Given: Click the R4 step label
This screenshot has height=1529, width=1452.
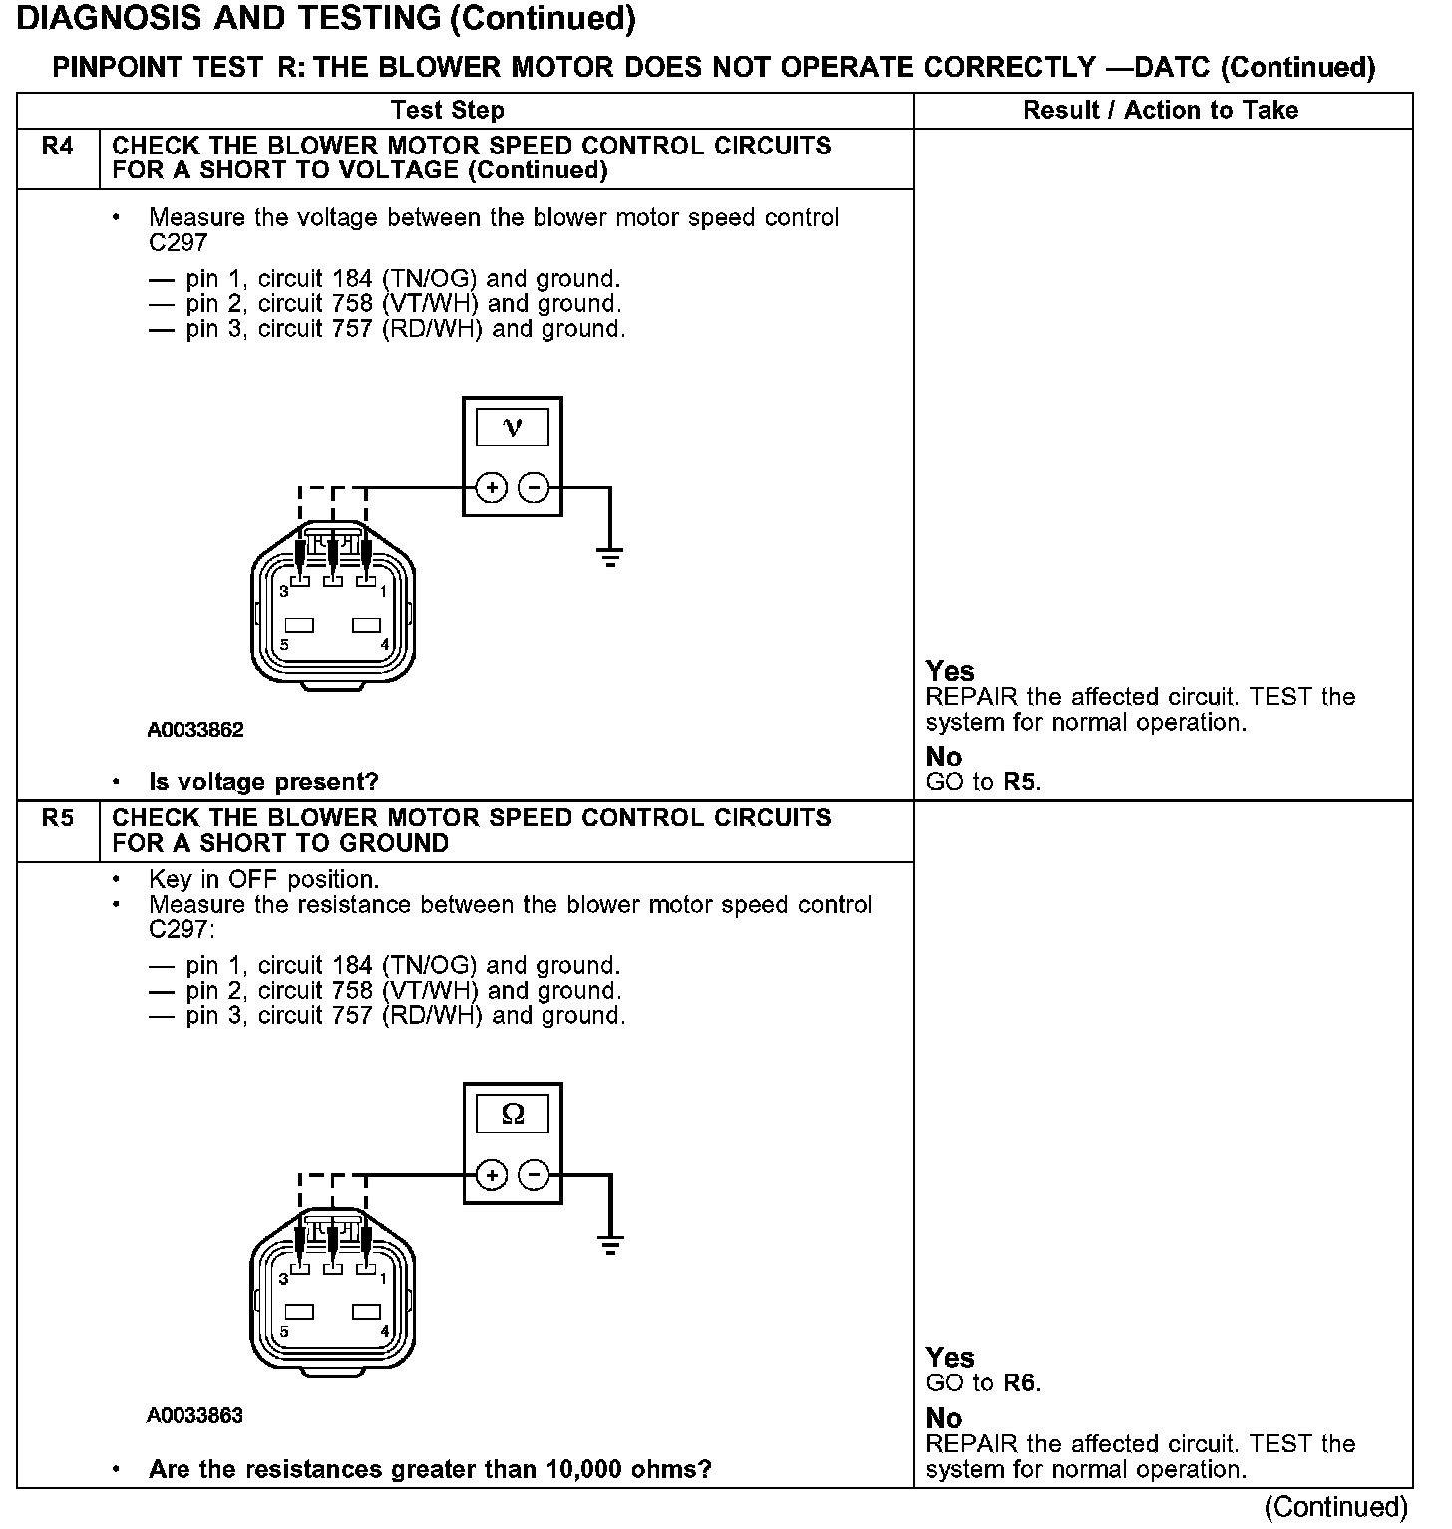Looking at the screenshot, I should coord(58,147).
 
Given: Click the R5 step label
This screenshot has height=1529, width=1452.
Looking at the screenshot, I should coord(58,819).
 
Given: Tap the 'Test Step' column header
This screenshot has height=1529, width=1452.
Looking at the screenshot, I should coord(448,110).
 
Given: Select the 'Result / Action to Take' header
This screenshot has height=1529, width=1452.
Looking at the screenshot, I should coord(1161,110).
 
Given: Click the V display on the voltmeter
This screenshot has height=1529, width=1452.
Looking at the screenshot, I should coord(513,428).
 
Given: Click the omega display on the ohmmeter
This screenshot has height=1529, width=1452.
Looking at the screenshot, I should coord(513,1114).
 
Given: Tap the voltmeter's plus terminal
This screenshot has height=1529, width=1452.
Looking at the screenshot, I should coord(492,487).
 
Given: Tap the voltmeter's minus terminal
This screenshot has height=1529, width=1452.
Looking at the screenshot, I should coord(535,487).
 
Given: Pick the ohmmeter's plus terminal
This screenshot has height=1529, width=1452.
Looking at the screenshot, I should coord(492,1175).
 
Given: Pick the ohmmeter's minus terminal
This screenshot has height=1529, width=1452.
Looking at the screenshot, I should coord(535,1175).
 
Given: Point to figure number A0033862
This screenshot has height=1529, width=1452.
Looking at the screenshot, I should coord(195,730).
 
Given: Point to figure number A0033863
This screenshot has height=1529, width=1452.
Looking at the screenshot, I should coord(195,1416).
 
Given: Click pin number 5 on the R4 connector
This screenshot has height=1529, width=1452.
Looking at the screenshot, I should coord(284,645).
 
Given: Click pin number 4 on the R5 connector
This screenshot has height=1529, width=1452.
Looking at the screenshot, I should coord(385,1331).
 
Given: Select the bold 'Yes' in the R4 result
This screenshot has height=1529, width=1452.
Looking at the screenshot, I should coord(950,671).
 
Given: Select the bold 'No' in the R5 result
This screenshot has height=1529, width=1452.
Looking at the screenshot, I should coord(944,1418).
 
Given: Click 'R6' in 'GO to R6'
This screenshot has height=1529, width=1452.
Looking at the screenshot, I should coord(1020,1383).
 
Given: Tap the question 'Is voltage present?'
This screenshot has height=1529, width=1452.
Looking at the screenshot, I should coord(263,782).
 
